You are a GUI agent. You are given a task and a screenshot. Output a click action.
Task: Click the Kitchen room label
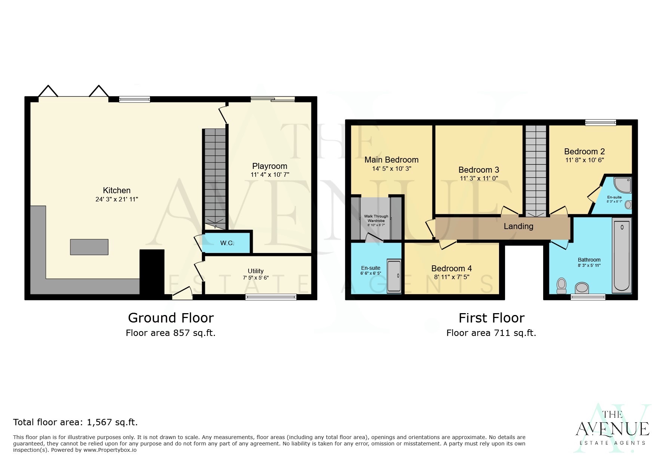[117, 190]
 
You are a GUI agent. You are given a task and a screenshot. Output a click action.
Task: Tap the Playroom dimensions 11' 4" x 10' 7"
[270, 175]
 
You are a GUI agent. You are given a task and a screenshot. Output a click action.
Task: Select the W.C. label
[227, 243]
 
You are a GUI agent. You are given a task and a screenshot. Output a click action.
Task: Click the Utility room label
[256, 271]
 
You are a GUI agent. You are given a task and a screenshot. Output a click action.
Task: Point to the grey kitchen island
[89, 247]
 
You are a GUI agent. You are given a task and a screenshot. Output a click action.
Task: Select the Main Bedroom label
[391, 160]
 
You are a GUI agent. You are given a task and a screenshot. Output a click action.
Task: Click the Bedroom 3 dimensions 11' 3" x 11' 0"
[479, 178]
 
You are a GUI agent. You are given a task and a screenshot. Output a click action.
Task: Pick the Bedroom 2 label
[584, 151]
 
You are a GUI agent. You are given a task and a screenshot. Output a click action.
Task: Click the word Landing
[518, 226]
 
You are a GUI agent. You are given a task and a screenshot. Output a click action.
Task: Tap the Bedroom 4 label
[451, 268]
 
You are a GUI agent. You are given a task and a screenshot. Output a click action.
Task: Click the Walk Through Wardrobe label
[376, 218]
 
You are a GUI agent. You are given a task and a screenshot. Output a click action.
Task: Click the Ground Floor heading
[171, 318]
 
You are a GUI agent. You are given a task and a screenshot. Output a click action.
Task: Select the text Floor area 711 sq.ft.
[491, 333]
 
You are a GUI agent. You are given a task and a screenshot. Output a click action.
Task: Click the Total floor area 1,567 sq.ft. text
[76, 422]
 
